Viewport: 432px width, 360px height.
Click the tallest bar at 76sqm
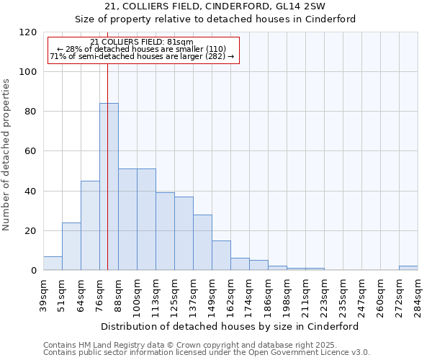click(x=109, y=186)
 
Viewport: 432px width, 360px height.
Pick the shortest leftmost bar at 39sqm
click(x=53, y=264)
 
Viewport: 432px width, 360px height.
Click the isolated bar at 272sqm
click(x=408, y=268)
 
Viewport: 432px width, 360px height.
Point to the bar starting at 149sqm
click(x=221, y=256)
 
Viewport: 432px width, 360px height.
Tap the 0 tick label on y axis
click(x=34, y=271)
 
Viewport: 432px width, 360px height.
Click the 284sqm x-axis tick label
click(x=418, y=295)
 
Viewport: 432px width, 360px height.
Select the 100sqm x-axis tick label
click(x=137, y=295)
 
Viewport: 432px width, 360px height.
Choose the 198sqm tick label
click(x=287, y=295)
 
